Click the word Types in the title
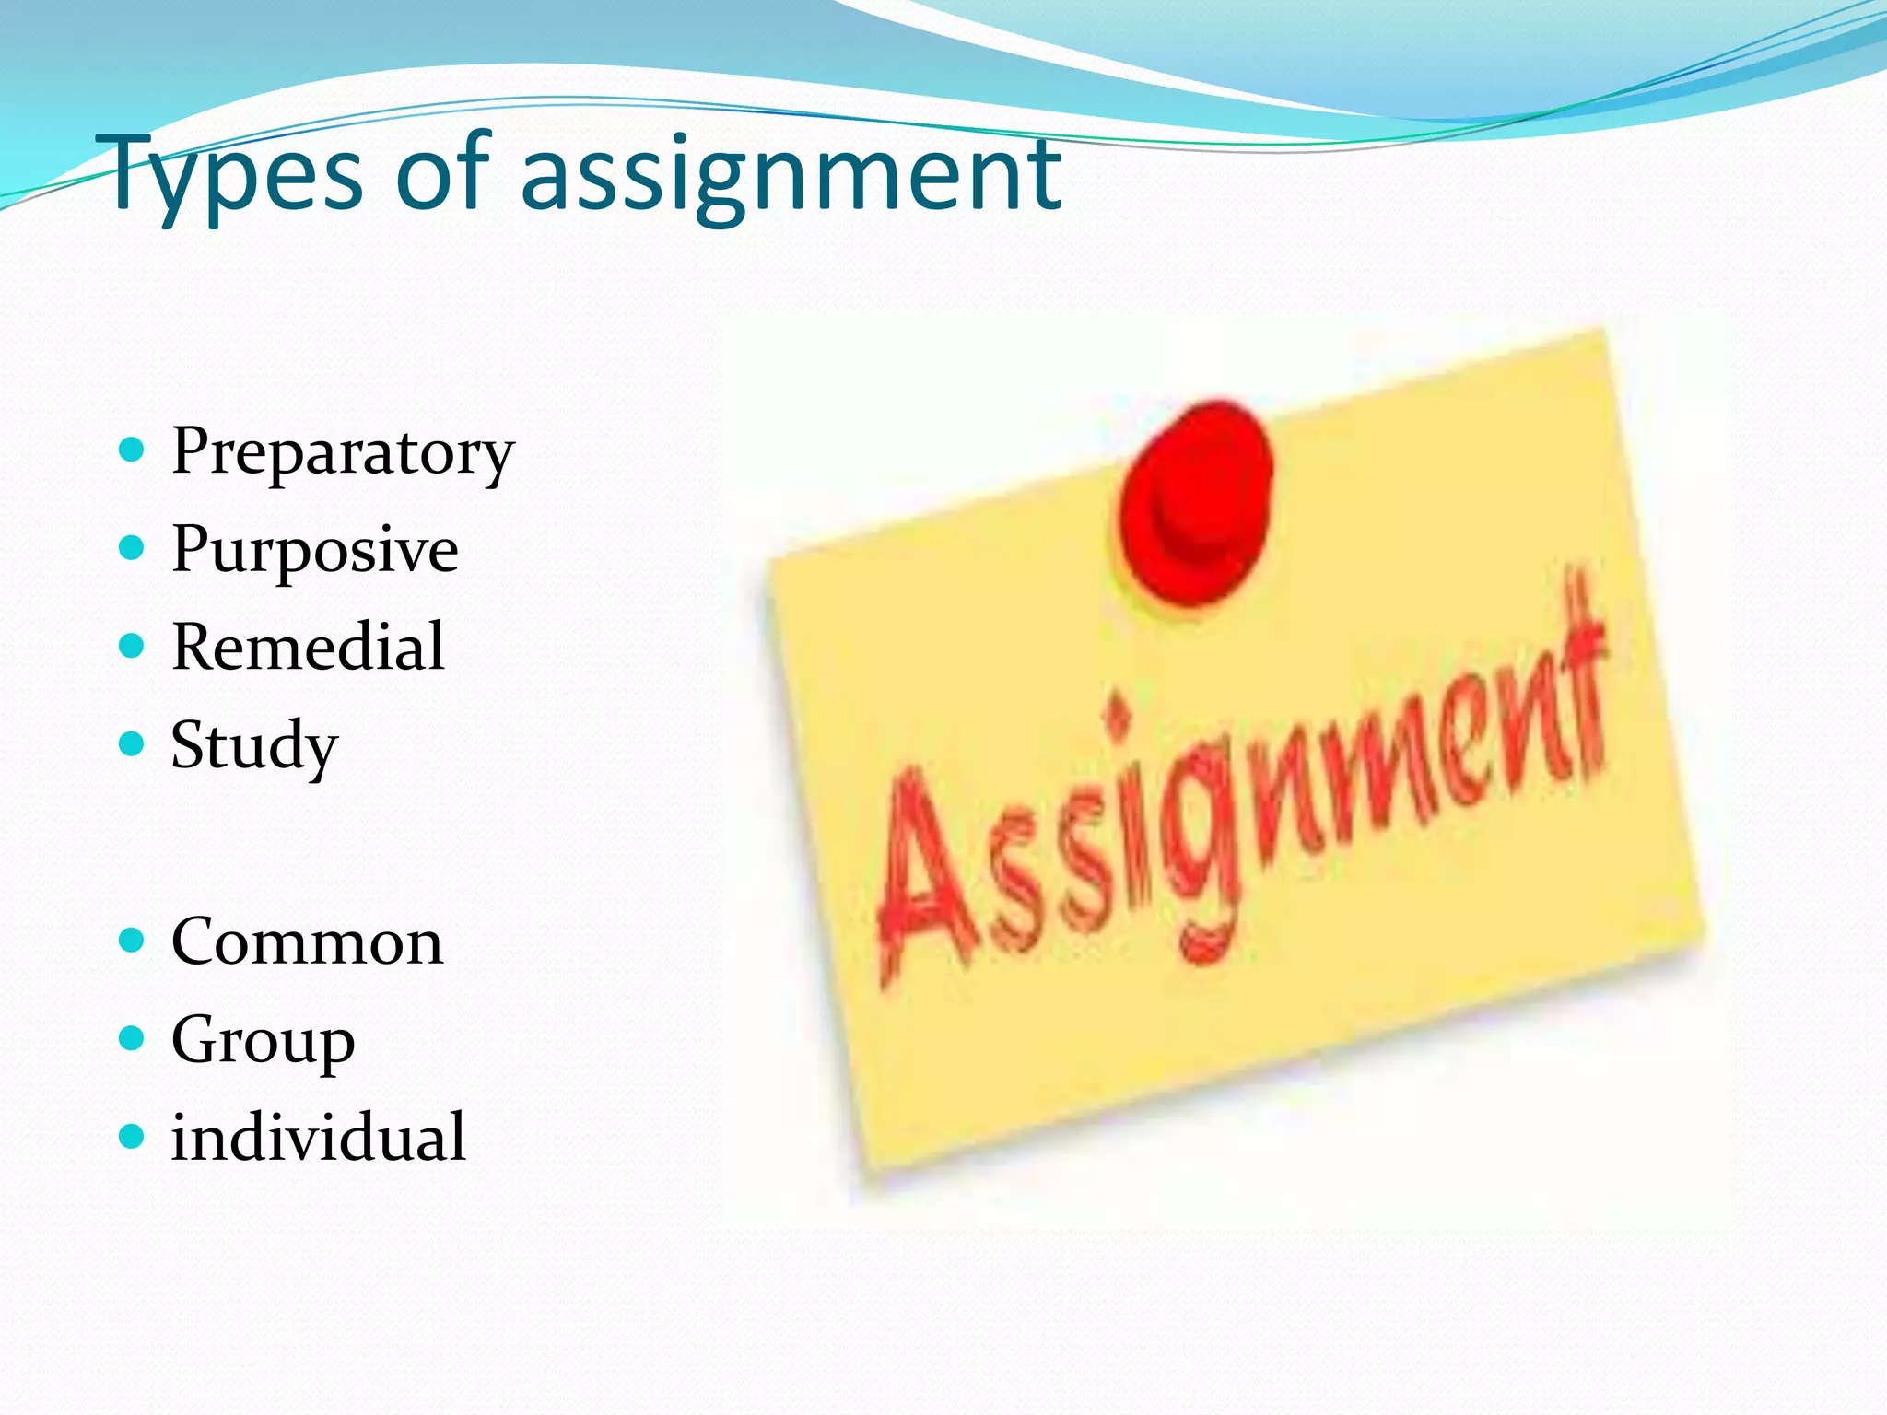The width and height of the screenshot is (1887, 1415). pyautogui.click(x=236, y=175)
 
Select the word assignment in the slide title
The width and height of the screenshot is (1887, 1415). pyautogui.click(x=791, y=175)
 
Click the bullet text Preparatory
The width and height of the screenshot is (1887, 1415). pyautogui.click(x=342, y=453)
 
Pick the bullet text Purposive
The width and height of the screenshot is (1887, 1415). pyautogui.click(x=314, y=551)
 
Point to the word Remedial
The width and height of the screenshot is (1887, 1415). pyautogui.click(x=308, y=648)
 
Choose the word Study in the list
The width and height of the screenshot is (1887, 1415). pyautogui.click(x=254, y=746)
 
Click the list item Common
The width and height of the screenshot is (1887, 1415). pyautogui.click(x=307, y=942)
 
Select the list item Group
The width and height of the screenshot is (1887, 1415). pyautogui.click(x=263, y=1041)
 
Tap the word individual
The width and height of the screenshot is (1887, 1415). pyautogui.click(x=318, y=1138)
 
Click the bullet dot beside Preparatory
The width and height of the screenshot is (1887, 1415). pyautogui.click(x=133, y=450)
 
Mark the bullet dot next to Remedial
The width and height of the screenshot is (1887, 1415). pyautogui.click(x=133, y=646)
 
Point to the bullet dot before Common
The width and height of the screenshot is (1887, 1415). pyautogui.click(x=133, y=941)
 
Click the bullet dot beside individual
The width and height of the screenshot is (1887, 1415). pyautogui.click(x=133, y=1137)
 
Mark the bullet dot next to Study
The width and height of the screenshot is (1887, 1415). pyautogui.click(x=133, y=743)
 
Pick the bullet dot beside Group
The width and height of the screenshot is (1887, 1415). pyautogui.click(x=133, y=1039)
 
